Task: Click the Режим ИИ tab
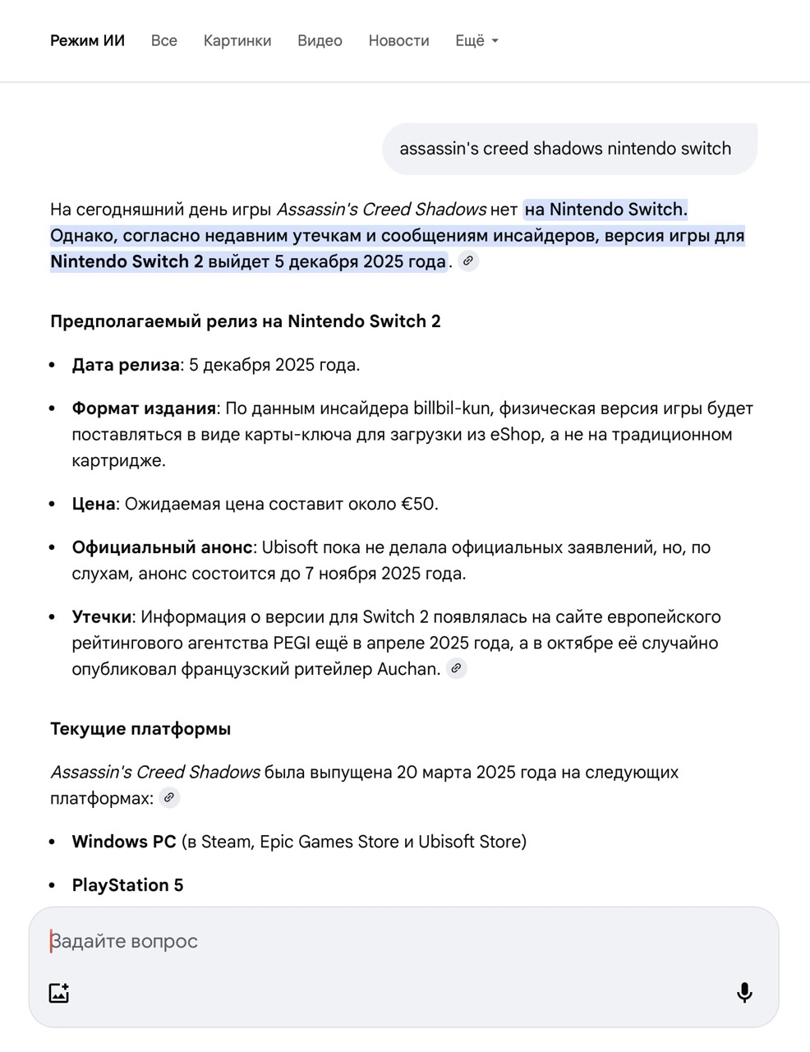(87, 41)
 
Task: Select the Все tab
(164, 41)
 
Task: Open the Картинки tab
(237, 41)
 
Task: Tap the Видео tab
(320, 41)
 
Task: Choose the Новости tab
(398, 41)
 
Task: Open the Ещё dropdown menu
(476, 41)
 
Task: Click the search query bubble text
(565, 149)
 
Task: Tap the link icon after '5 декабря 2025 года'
(468, 261)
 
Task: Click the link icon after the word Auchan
(457, 668)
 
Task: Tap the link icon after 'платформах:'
(169, 797)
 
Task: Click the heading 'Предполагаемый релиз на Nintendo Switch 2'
(246, 321)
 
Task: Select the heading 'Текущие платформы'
(140, 729)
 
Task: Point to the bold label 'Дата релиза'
(126, 365)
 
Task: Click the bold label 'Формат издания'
(144, 408)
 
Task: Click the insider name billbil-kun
(451, 408)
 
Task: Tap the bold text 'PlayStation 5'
(127, 885)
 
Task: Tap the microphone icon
(744, 993)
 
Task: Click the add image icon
(59, 993)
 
